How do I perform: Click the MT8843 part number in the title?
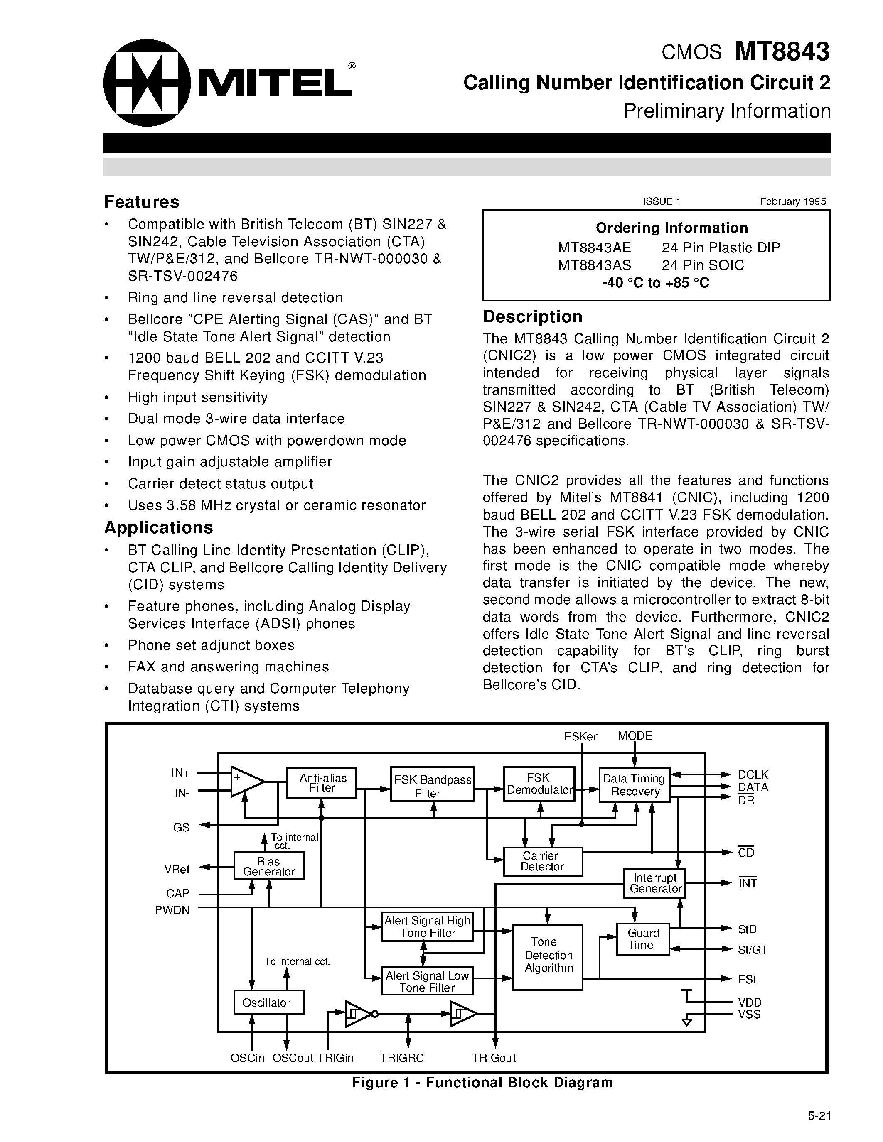(782, 52)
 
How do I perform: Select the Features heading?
(142, 202)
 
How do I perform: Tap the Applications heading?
(158, 527)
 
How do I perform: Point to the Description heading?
(533, 316)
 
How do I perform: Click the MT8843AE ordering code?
(594, 248)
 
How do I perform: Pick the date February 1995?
(792, 201)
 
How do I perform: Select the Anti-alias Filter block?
(321, 783)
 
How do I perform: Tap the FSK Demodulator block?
(539, 783)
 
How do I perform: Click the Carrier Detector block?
(542, 861)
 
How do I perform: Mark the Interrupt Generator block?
(654, 883)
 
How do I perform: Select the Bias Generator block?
(268, 866)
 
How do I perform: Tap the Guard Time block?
(642, 939)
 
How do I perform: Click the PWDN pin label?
(172, 910)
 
